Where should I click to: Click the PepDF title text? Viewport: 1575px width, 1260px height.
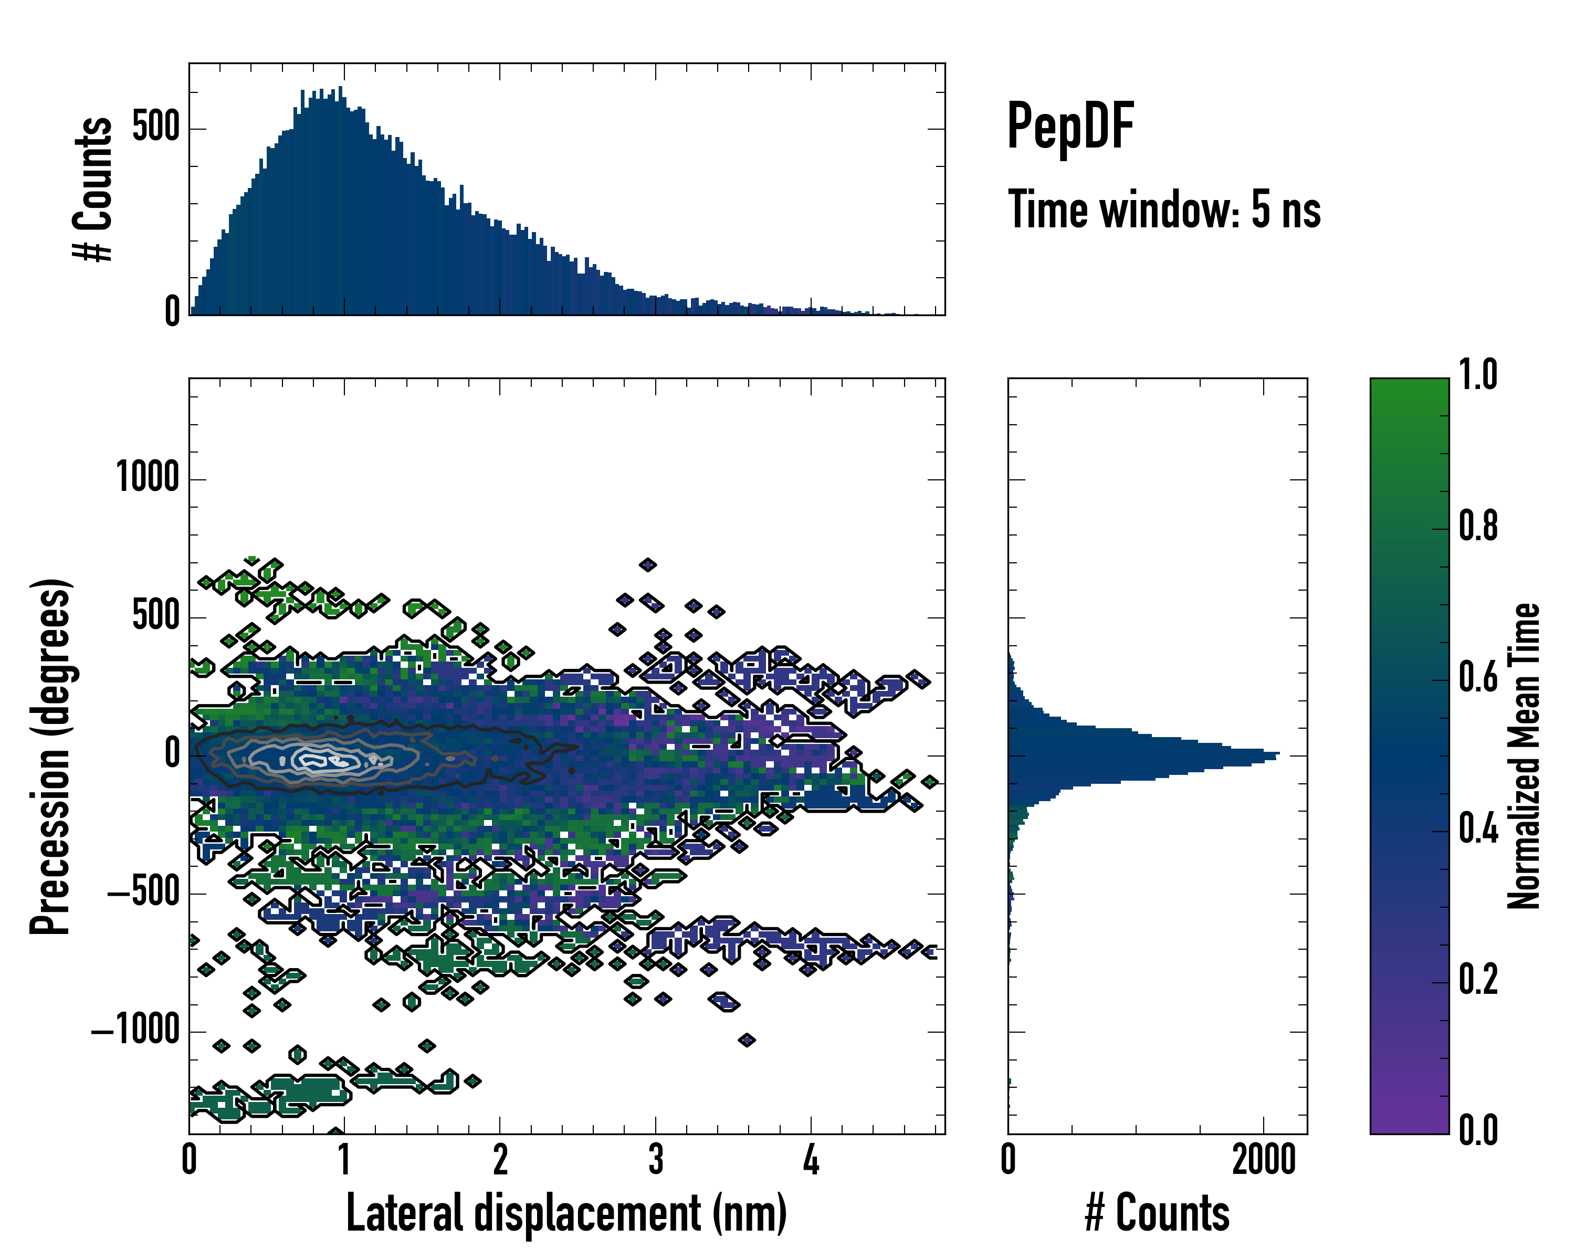coord(1069,127)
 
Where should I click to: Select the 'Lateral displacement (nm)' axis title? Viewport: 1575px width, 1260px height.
coord(566,1213)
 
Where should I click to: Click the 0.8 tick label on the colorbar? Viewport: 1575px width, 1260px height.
coord(1478,527)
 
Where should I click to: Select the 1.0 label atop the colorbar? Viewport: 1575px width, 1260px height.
coord(1478,375)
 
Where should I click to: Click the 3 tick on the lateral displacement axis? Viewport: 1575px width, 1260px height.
coord(655,1159)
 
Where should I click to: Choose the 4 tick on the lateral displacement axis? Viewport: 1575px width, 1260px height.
coord(811,1159)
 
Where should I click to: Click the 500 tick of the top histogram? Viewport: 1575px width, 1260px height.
coord(155,128)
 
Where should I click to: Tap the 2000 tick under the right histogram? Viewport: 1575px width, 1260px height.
coord(1263,1159)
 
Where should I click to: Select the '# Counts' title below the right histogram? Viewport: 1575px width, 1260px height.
coord(1157,1213)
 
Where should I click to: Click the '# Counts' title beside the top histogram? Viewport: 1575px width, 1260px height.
coord(93,188)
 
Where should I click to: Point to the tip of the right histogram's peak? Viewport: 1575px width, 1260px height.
coord(1278,753)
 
